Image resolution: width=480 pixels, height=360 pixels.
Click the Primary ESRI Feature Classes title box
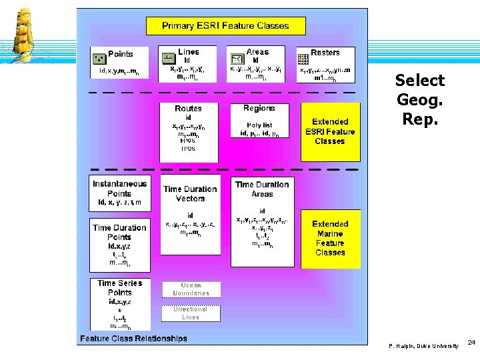coord(225,26)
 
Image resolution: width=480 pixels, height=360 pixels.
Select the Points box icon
coord(99,57)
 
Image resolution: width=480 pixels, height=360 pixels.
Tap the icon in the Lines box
coord(168,58)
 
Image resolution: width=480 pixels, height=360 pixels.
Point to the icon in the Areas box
coord(237,59)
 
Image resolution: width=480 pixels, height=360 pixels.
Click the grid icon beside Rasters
coord(303,57)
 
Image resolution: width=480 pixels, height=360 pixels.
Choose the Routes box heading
coord(188,109)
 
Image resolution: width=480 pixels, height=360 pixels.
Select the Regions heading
coord(259,108)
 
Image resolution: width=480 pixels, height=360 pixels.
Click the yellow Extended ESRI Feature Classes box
coord(330,131)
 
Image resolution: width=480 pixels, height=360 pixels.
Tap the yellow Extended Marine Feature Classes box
coord(330,238)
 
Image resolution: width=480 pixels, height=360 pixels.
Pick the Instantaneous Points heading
coord(119,189)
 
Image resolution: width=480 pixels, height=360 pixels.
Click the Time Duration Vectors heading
coord(190,193)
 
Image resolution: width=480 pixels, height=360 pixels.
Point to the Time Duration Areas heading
coord(262,189)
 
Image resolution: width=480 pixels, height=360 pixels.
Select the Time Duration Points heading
coord(119,232)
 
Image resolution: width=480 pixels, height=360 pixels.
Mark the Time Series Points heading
coord(119,287)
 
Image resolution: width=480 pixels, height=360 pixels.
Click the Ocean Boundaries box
coord(191,289)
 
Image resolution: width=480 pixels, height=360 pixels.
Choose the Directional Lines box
coord(191,313)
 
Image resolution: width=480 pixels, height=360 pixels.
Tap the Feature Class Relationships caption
coord(133,339)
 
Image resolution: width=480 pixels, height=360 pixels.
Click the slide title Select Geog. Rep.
coord(419,99)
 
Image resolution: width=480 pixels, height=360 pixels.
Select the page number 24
coord(471,342)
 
